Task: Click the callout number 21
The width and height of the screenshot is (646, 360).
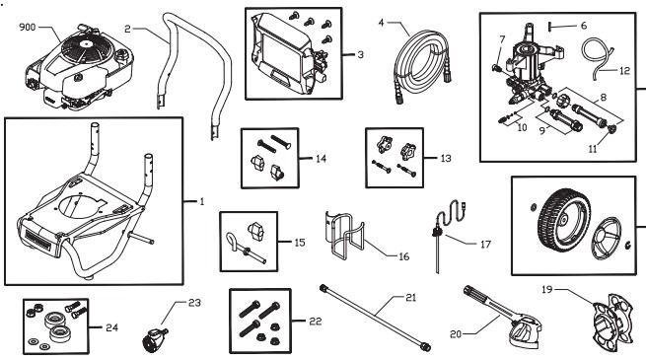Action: coord(411,297)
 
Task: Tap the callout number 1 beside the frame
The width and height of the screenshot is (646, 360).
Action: coord(200,202)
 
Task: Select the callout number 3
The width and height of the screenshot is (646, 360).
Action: coord(361,54)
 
